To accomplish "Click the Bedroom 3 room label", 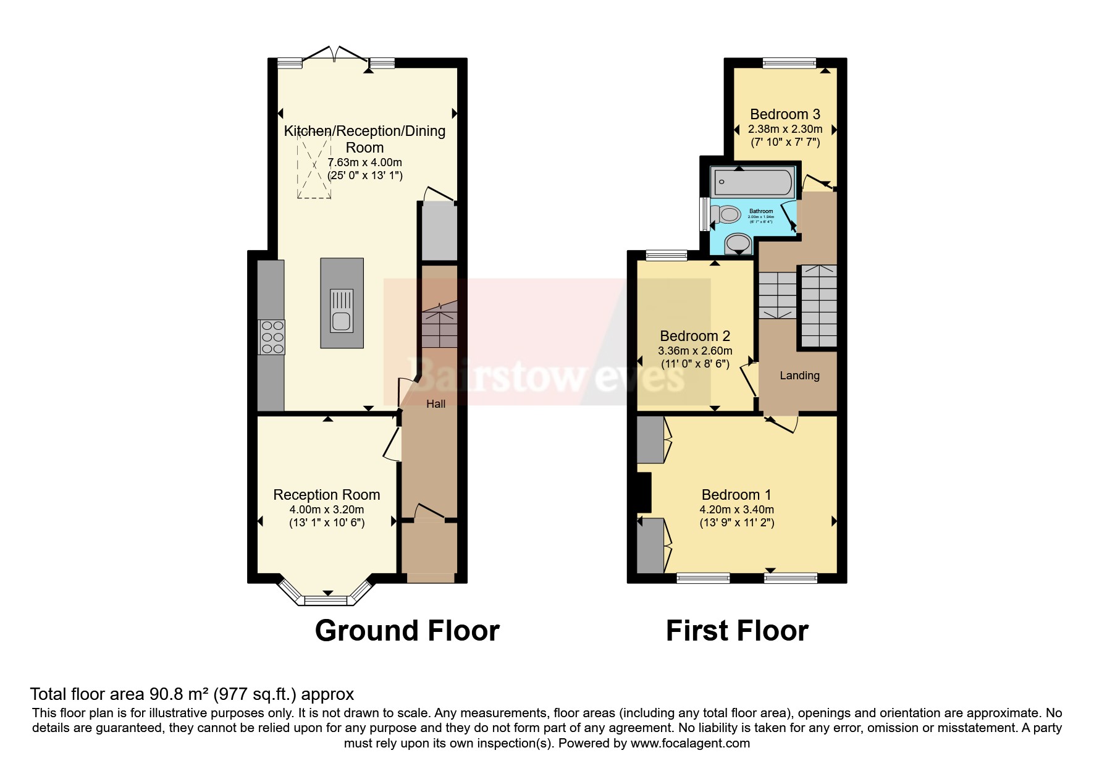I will click(785, 114).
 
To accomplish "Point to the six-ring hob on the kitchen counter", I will click(272, 337).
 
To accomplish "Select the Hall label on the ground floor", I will click(435, 404).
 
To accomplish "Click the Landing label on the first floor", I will click(799, 376).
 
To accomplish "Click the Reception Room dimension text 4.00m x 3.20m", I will click(326, 510).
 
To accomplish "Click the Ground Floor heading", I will click(406, 631).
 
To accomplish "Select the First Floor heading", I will click(736, 631).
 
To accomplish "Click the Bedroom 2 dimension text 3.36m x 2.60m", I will click(695, 351).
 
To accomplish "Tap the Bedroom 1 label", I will click(736, 495).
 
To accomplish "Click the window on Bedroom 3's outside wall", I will click(789, 62).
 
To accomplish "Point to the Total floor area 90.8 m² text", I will click(191, 694).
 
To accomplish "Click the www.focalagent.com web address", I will click(690, 743).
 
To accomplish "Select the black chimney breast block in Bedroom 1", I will click(644, 492).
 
